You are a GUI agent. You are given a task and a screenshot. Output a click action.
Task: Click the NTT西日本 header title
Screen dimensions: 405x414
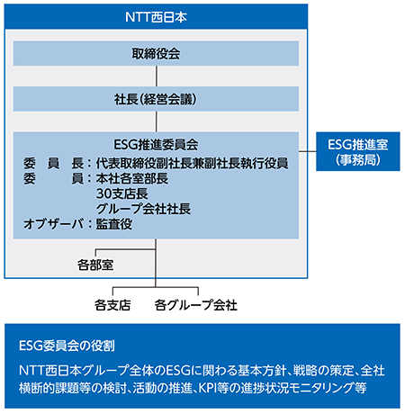point(156,17)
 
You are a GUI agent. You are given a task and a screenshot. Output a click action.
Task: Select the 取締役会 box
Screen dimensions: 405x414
point(156,53)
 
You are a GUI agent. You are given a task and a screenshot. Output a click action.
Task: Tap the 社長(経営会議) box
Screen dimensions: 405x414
point(156,99)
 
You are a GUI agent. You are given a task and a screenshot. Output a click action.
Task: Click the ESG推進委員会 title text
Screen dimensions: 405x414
point(156,145)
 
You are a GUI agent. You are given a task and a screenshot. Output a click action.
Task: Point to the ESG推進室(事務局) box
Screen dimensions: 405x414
point(358,151)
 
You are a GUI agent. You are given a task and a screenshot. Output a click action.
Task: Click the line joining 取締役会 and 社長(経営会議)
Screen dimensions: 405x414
point(157,76)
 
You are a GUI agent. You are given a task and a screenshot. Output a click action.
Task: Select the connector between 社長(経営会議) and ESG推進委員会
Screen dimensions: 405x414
point(157,121)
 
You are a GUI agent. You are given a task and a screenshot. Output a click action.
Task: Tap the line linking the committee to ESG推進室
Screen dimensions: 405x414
point(308,151)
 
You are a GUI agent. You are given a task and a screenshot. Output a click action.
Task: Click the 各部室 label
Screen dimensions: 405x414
point(95,265)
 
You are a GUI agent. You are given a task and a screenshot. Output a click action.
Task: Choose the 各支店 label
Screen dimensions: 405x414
point(112,305)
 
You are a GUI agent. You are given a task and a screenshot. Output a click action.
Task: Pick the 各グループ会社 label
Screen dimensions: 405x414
point(195,305)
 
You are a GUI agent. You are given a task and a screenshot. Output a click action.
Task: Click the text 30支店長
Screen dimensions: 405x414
point(122,193)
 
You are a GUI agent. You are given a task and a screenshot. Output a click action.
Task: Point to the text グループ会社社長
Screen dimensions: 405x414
point(143,209)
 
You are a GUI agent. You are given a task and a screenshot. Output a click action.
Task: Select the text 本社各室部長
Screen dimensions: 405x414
point(132,178)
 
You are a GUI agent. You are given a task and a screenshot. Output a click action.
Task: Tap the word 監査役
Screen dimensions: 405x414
point(114,224)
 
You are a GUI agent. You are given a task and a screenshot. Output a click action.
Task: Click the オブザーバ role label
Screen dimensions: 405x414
point(53,224)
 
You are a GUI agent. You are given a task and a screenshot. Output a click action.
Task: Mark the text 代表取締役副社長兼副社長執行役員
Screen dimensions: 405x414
point(192,163)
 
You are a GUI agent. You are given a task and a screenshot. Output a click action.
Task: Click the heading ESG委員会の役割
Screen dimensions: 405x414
point(67,346)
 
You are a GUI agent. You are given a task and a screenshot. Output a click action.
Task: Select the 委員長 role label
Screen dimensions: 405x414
point(53,163)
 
